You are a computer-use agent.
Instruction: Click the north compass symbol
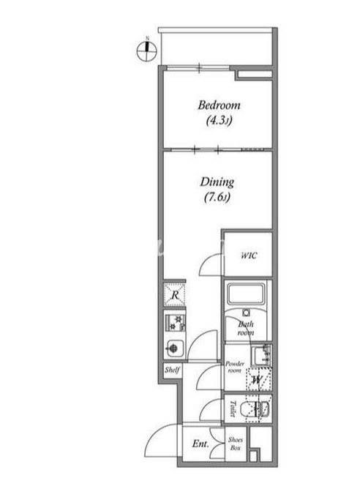146,51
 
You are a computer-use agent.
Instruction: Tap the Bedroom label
219,105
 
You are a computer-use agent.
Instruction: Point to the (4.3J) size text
219,121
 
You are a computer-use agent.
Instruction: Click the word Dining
217,182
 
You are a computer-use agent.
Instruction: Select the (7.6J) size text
217,198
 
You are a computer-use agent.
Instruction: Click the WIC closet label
249,255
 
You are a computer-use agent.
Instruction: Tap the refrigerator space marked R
174,294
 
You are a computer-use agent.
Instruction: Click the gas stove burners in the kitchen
175,323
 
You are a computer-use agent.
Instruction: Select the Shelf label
172,370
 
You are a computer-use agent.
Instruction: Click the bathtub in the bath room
246,294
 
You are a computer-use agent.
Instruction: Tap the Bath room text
246,328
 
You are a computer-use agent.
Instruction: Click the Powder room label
235,367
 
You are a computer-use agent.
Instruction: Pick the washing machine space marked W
258,379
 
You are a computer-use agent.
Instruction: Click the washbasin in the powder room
261,356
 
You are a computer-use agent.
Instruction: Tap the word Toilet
233,409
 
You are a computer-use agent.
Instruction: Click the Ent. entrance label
200,444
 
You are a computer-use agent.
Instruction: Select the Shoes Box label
236,444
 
